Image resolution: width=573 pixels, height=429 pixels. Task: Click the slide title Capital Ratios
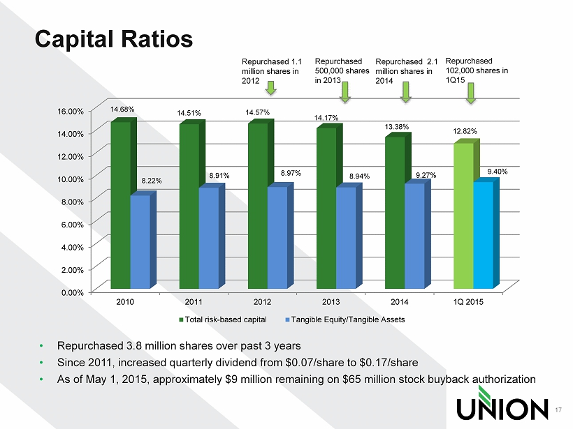114,39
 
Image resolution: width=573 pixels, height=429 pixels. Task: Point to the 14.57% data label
257,112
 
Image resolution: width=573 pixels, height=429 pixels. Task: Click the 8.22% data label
152,181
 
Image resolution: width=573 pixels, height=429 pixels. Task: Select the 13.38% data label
396,126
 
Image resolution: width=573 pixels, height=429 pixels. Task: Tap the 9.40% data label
498,172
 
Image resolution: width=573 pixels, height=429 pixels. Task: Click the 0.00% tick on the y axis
73,292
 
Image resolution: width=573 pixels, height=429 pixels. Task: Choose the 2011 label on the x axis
194,302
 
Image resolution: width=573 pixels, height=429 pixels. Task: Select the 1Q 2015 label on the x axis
468,302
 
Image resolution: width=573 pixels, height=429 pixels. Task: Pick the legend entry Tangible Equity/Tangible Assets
345,319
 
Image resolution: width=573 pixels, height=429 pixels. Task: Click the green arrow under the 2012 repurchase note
271,88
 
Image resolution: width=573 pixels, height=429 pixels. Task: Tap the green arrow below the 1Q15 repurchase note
471,93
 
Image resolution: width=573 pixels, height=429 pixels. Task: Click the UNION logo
502,403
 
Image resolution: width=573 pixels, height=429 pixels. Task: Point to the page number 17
558,410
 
